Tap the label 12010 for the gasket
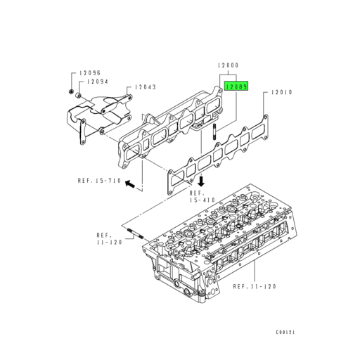pos(283,92)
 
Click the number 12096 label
pos(90,72)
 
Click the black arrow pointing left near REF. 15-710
pos(131,181)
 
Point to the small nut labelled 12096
pos(72,91)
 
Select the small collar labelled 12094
pos(79,95)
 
